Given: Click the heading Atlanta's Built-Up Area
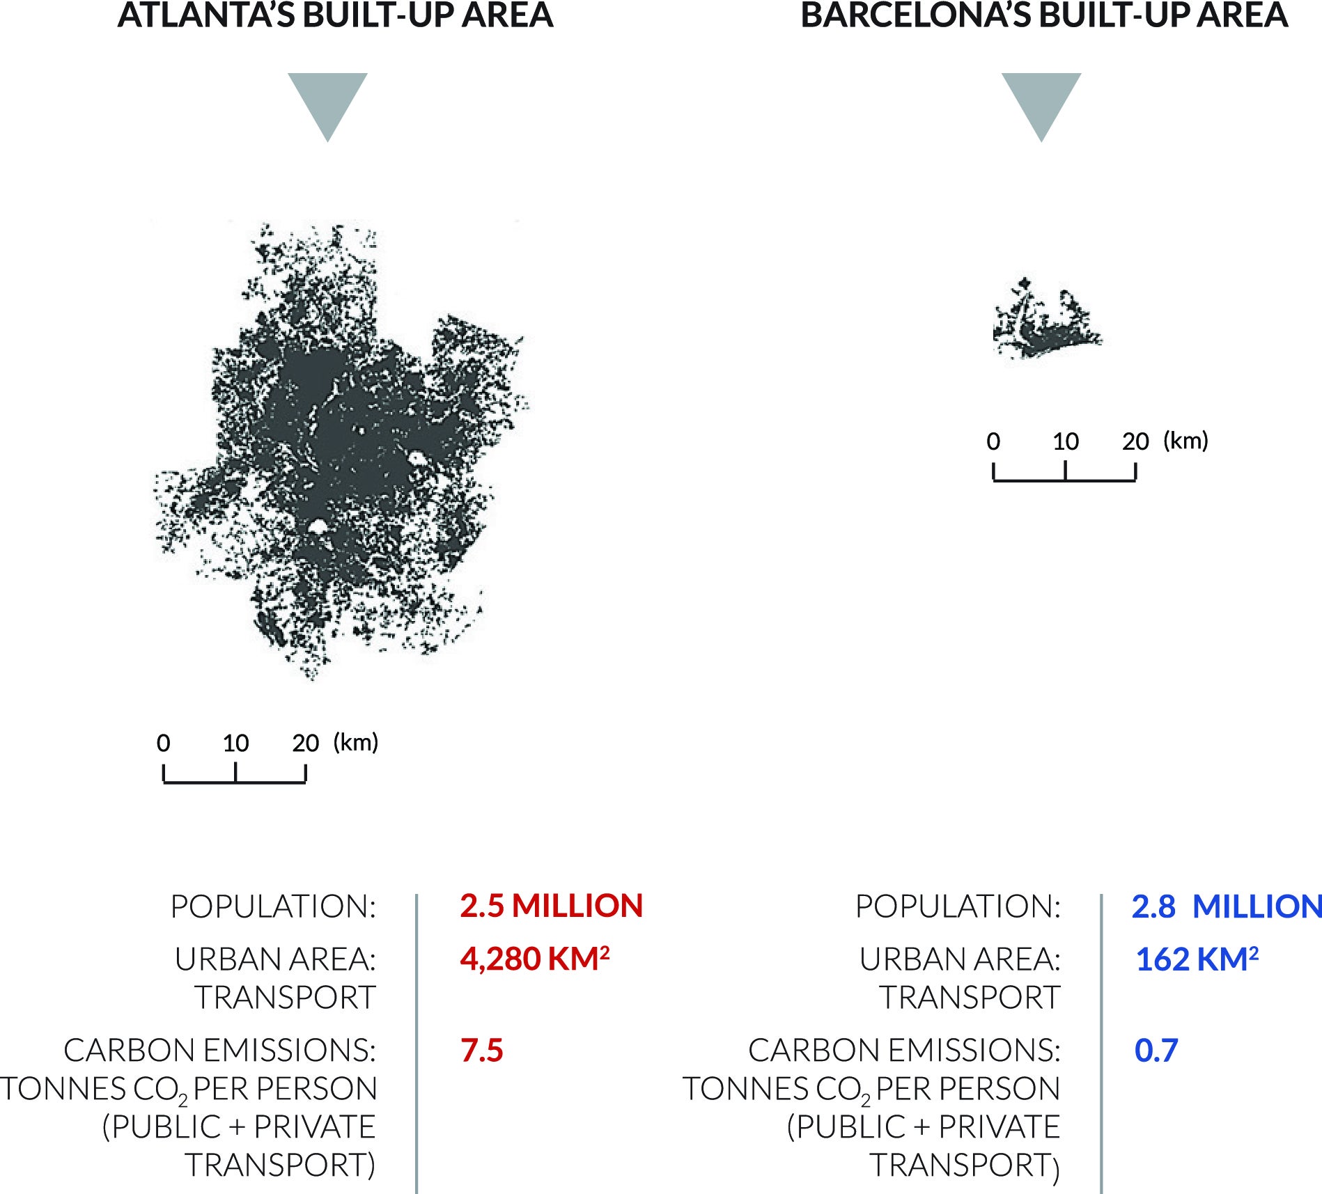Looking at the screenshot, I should tap(335, 16).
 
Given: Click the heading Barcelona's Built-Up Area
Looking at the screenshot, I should tap(1044, 16).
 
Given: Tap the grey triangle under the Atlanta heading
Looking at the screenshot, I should tap(327, 102).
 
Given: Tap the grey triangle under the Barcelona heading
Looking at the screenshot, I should tap(1041, 102).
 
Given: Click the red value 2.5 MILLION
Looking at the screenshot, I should tap(551, 906).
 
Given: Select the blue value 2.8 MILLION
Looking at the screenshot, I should tap(1226, 906).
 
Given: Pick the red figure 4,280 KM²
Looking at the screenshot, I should tap(534, 959).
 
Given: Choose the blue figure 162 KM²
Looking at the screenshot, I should tap(1197, 959).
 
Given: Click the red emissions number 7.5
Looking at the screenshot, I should tap(481, 1050).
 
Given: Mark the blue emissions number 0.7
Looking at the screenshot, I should tap(1156, 1050).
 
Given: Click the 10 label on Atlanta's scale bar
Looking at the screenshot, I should tap(235, 744).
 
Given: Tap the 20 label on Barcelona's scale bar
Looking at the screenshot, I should tap(1135, 441).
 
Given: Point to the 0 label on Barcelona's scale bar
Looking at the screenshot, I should tap(993, 441).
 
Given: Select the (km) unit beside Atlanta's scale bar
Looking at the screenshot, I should tap(355, 742).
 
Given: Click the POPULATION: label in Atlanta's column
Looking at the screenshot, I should tap(273, 906).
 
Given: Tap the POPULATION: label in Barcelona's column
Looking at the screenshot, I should tap(958, 906).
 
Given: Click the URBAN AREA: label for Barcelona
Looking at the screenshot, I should tap(960, 959).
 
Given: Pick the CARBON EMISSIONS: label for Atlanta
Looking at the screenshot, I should tap(219, 1050).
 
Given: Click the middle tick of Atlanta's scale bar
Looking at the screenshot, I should tap(235, 773).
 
